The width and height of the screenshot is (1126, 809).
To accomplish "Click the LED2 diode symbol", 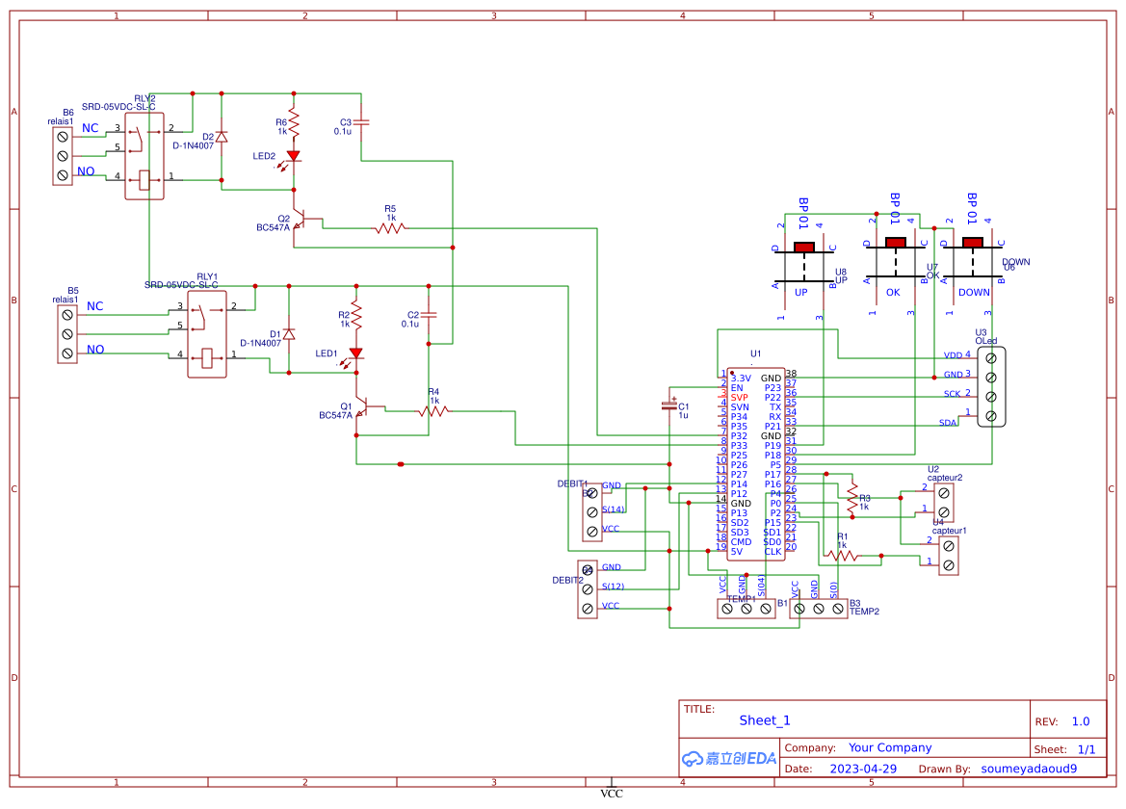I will click(294, 154).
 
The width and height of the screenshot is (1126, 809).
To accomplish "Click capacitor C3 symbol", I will click(361, 123).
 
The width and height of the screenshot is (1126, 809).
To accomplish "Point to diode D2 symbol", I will click(223, 137).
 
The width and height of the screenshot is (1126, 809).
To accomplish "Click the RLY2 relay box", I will click(144, 154).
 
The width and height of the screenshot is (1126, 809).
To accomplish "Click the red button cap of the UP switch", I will click(803, 248).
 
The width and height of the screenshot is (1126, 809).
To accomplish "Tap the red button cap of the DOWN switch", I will click(974, 242).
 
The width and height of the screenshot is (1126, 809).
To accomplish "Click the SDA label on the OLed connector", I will click(948, 423).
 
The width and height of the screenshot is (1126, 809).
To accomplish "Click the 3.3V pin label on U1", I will click(741, 378).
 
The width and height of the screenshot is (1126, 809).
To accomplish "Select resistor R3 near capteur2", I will click(851, 497).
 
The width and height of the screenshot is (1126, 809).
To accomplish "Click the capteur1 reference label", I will click(950, 531).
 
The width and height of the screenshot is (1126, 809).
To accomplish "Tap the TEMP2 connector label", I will click(864, 612).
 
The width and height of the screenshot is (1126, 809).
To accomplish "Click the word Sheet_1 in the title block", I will click(765, 720).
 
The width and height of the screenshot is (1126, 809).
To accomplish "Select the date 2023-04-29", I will click(863, 769).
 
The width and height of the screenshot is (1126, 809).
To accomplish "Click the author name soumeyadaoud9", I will click(1029, 769).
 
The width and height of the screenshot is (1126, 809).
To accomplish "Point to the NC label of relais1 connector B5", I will click(94, 306).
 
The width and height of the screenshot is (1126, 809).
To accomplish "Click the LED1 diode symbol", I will click(355, 352).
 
